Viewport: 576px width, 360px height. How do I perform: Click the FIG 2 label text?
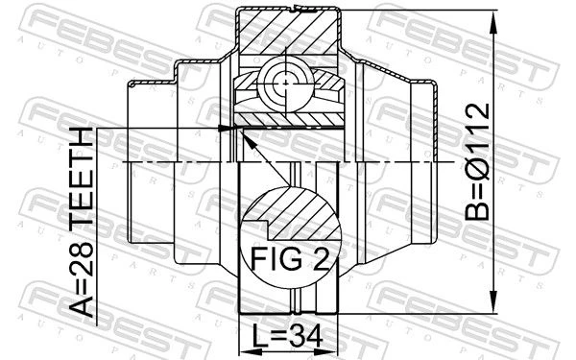click(289, 258)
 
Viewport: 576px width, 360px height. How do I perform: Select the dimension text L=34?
click(288, 336)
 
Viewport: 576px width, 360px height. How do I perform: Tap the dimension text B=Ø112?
click(477, 161)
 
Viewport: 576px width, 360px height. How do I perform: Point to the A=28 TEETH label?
click(82, 223)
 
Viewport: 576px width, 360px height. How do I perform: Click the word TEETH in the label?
click(82, 176)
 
